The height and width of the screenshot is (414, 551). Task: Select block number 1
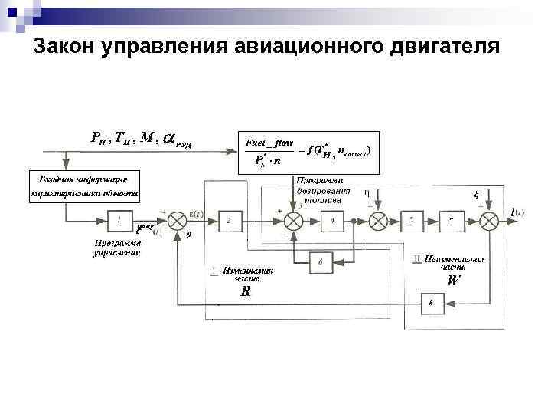pos(119,221)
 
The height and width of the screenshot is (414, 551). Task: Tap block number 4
pos(332,221)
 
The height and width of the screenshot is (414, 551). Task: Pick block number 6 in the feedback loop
pos(321,262)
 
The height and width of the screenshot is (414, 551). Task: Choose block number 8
pos(431,304)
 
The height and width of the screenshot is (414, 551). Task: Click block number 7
pos(452,221)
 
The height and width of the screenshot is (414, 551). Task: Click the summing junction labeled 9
pos(178,221)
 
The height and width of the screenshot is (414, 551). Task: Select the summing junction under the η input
pos(377,221)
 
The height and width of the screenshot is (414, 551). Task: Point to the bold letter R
pos(245,292)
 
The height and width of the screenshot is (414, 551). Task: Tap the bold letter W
pos(454,281)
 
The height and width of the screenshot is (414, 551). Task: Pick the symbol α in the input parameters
pos(168,138)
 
